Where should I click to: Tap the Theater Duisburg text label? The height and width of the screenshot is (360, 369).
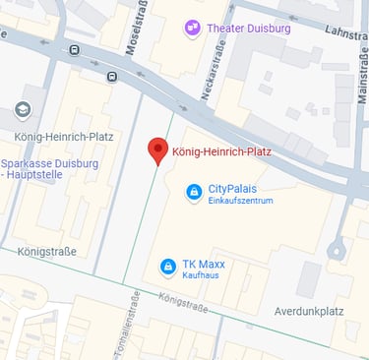pos(249,29)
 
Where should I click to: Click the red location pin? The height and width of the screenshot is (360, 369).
pos(157,150)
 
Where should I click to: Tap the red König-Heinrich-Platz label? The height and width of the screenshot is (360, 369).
pos(220,152)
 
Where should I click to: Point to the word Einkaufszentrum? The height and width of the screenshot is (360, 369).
pos(240,201)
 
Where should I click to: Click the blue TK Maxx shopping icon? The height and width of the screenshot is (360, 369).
pos(167,267)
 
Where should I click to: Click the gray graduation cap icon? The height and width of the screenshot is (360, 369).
pos(22,109)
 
